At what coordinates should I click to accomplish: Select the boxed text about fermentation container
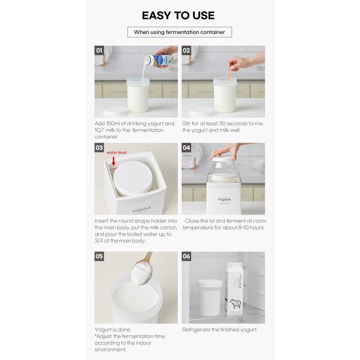pos(180,32)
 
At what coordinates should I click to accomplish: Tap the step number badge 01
pos(99,50)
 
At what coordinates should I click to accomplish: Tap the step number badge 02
pos(187,50)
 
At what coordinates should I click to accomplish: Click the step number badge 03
pos(99,148)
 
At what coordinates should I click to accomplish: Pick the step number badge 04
pos(187,148)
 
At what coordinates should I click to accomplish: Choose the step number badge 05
pos(99,256)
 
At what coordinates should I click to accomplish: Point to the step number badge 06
pos(187,256)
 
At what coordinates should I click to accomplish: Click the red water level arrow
pos(113,161)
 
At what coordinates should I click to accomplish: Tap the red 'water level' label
pos(117,153)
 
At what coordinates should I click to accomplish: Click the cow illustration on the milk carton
pos(235,304)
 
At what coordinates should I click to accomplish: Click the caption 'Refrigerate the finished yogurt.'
pos(220,329)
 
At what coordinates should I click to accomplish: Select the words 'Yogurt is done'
pos(112,329)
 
